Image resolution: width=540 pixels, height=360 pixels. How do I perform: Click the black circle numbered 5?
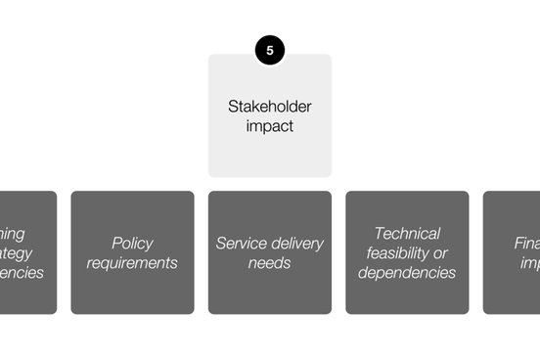pos(270,50)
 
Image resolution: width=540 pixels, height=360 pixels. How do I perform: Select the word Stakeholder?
pos(270,107)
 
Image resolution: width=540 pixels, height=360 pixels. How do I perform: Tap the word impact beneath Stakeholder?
pos(270,126)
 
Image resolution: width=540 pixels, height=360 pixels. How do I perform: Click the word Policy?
pos(132,243)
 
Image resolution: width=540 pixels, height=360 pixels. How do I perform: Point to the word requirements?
pos(132,262)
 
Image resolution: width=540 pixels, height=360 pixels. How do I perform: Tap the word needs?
pos(270,262)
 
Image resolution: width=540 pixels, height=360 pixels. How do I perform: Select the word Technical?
pos(407,233)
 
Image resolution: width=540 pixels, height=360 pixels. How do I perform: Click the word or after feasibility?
pos(440,252)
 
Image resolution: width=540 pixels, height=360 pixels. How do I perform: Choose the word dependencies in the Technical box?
pos(407,272)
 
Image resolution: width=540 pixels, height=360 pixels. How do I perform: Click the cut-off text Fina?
pos(526,243)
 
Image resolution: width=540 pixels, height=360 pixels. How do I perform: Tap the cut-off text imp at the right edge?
pos(528,262)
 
